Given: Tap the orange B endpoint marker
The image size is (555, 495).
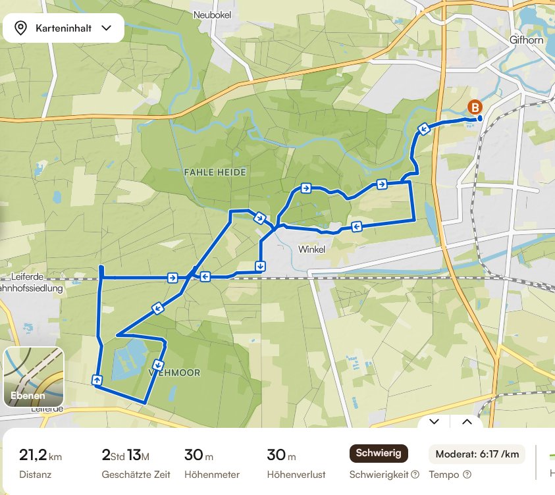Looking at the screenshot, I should (x=473, y=107).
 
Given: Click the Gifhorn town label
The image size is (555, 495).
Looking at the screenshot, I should (x=526, y=39).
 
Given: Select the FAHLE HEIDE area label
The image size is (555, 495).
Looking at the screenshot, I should (x=215, y=172).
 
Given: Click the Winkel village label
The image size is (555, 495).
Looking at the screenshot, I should (x=311, y=249).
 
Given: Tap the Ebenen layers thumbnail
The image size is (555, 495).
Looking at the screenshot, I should (x=34, y=377).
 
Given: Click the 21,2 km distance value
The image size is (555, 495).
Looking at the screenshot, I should (x=40, y=454).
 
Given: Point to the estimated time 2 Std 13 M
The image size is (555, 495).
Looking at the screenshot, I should (x=126, y=454).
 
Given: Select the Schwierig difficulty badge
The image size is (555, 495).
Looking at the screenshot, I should (x=379, y=453).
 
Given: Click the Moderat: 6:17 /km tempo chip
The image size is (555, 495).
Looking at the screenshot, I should (x=477, y=454).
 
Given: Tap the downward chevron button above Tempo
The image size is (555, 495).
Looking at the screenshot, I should (x=434, y=421).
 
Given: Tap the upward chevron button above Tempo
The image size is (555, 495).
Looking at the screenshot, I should (x=467, y=421).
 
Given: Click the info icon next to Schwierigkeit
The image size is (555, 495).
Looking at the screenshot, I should (x=415, y=475).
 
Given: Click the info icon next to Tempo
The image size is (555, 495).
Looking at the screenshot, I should (x=467, y=475).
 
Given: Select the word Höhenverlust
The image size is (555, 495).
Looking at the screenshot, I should (x=296, y=475).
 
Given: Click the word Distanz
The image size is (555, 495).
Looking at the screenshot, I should (x=35, y=475).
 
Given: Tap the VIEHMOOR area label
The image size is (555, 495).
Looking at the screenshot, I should (x=174, y=372).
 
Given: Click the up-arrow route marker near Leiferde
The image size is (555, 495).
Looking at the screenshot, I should (x=97, y=379).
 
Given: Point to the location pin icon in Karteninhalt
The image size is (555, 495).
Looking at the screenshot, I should (x=20, y=28).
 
